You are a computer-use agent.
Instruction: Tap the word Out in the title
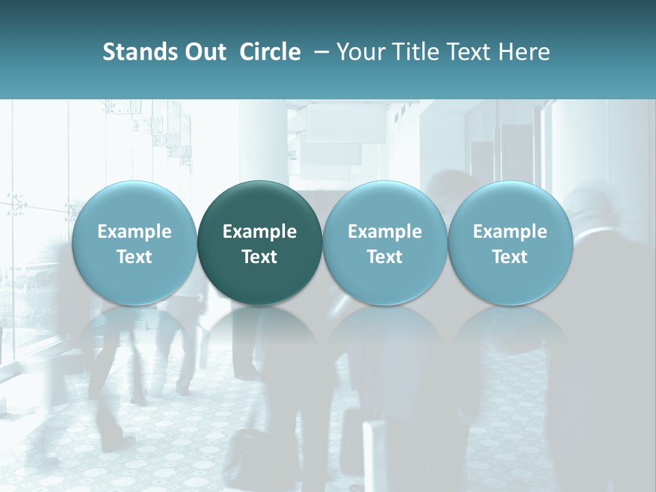[x=203, y=52]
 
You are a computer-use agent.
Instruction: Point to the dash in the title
[x=318, y=52]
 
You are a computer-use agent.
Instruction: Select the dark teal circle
[x=260, y=243]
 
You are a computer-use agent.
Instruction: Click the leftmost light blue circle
[x=134, y=243]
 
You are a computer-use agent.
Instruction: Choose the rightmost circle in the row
[x=510, y=243]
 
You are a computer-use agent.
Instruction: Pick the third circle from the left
[x=385, y=243]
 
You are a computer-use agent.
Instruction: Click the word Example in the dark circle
[x=260, y=232]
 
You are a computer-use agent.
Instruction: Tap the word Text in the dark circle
[x=260, y=257]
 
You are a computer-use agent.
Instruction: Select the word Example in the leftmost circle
[x=134, y=232]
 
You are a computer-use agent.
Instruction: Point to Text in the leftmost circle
[x=134, y=257]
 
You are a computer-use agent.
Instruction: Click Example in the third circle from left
[x=385, y=232]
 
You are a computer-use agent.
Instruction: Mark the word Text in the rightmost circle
[x=510, y=257]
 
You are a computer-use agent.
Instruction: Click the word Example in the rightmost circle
[x=510, y=232]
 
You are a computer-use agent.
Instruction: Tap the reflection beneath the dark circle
[x=260, y=335]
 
